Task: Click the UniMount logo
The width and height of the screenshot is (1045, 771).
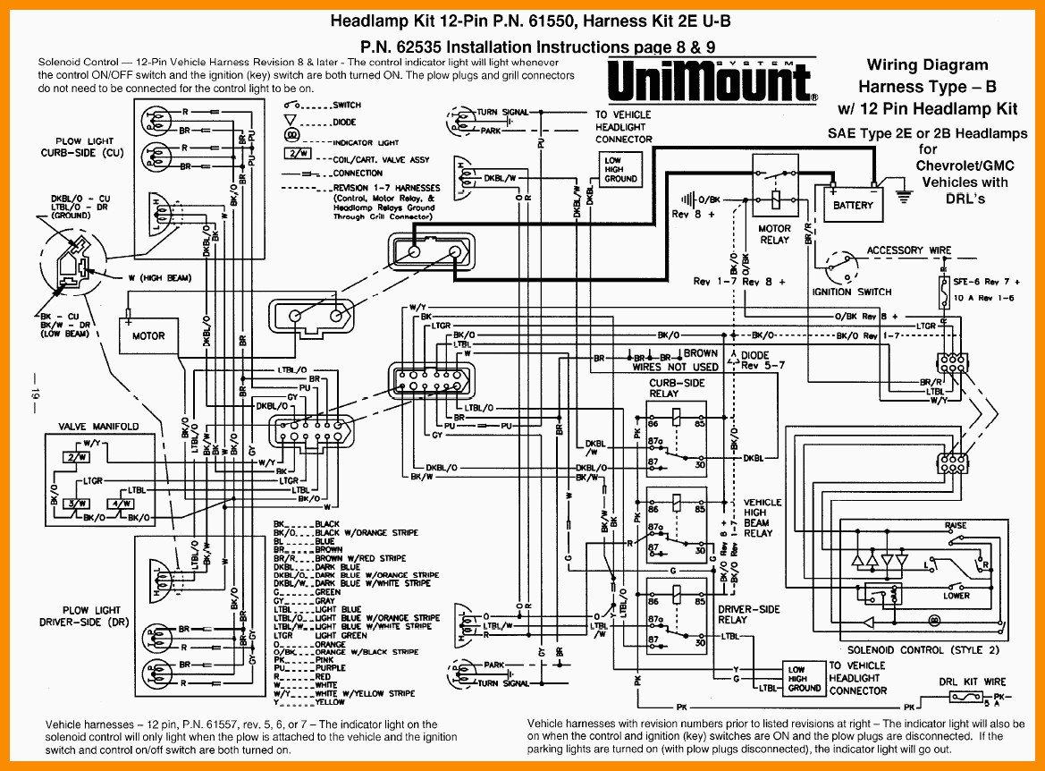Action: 712,80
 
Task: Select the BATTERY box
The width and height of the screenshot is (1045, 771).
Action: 853,205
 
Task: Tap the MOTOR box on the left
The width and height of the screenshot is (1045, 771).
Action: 148,336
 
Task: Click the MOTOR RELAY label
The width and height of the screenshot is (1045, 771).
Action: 775,234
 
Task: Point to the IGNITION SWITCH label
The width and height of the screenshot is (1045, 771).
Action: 851,292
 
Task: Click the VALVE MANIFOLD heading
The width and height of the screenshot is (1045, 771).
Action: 98,427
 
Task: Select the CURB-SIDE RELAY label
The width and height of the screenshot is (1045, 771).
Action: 676,388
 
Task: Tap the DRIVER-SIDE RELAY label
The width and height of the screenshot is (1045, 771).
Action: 748,614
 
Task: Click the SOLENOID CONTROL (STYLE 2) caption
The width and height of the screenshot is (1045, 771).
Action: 923,649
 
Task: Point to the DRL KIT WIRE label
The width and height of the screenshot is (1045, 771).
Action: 972,682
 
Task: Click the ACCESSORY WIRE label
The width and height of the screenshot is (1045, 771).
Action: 909,250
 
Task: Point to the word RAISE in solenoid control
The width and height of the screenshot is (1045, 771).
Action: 956,526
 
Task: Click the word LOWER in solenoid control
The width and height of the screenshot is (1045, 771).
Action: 957,596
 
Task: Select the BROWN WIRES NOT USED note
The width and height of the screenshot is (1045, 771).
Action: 676,360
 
